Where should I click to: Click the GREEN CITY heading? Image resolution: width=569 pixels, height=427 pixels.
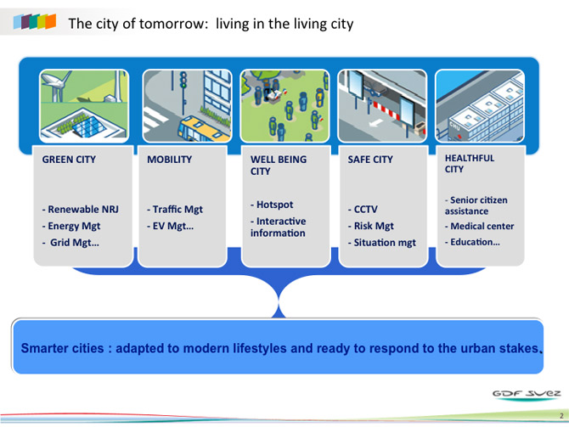point(69,160)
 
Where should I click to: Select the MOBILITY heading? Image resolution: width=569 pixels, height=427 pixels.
point(170,160)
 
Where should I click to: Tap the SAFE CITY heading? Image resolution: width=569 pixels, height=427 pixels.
point(370,160)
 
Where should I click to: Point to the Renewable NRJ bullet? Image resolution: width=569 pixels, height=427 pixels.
point(80,210)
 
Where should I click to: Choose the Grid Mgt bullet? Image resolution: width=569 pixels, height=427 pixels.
point(70,242)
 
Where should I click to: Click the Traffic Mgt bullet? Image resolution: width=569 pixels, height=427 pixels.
point(175,210)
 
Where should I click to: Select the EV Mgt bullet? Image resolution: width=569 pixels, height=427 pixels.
point(170,226)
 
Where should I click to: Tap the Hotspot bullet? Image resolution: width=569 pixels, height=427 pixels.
point(272,205)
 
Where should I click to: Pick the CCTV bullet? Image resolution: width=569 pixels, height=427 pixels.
point(363,210)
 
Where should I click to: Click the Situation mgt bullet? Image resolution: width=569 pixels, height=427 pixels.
point(382,242)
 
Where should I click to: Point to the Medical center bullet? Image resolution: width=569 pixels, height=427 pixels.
point(479,226)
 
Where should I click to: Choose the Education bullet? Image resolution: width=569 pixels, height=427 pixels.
point(472,242)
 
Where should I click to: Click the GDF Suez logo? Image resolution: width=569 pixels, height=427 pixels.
point(527,395)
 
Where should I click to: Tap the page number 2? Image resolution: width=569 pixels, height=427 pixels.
point(561,416)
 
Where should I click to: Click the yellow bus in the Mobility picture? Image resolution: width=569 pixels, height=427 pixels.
point(202,129)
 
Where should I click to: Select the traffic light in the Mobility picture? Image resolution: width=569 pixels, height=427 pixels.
point(183,81)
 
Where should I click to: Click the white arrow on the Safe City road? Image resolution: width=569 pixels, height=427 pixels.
point(375,123)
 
